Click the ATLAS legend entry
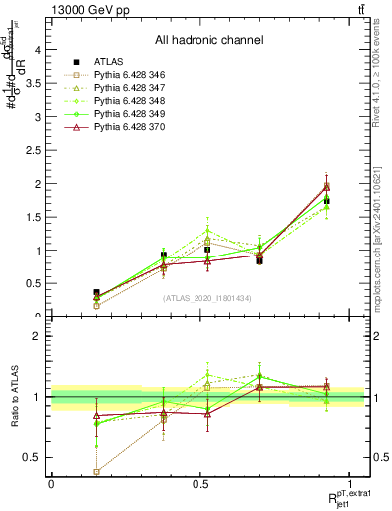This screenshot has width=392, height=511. (117, 62)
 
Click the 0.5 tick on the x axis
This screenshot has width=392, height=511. (198, 483)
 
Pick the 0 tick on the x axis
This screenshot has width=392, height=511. (51, 483)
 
